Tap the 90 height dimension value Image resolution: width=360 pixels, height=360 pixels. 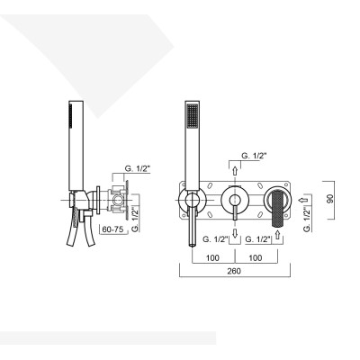pyautogui.click(x=332, y=198)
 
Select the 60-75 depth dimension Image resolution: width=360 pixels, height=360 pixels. pyautogui.click(x=112, y=230)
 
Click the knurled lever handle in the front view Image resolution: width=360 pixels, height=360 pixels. pyautogui.click(x=277, y=200)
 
